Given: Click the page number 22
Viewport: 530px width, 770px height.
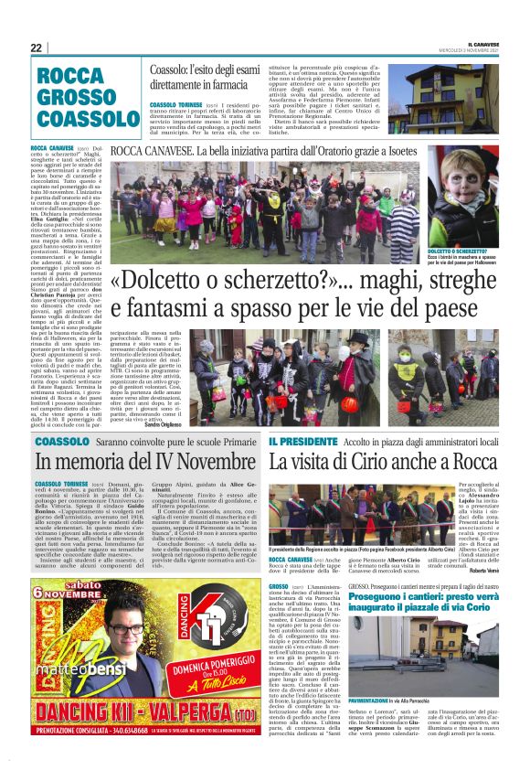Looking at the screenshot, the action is [x=37, y=48].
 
